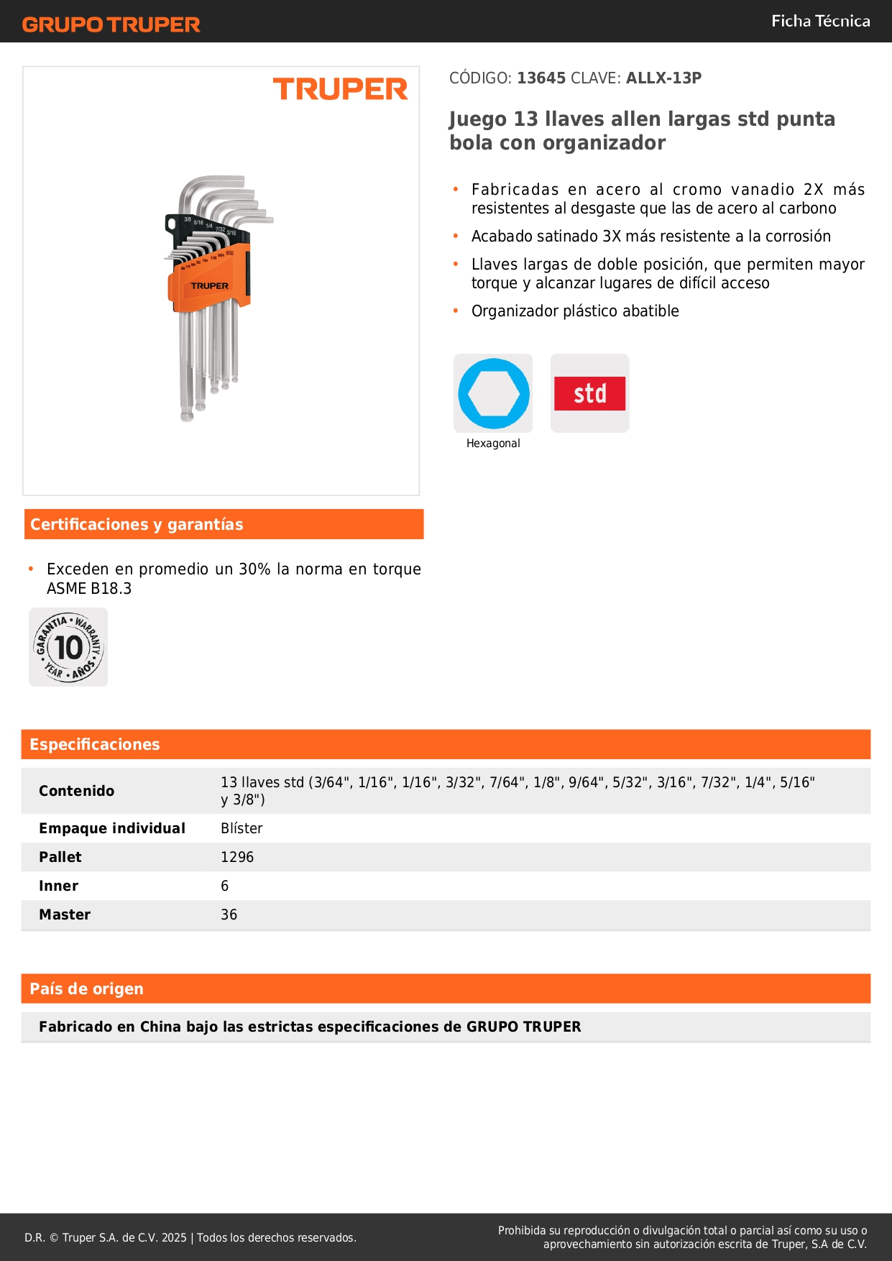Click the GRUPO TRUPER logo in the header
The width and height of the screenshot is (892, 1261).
tap(111, 24)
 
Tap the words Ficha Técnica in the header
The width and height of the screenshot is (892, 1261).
tap(820, 21)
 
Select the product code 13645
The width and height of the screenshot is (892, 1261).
tap(541, 78)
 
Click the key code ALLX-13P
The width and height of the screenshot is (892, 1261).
tap(663, 78)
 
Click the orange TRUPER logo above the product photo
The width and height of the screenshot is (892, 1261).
tap(340, 89)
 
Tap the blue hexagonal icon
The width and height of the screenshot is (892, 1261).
tap(493, 393)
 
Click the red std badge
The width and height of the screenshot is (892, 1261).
tap(589, 393)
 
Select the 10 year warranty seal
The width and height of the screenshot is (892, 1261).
tap(68, 647)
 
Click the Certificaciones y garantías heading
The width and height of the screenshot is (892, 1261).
tap(137, 524)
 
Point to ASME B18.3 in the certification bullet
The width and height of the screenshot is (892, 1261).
tap(89, 588)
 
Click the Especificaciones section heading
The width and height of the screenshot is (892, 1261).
tap(95, 744)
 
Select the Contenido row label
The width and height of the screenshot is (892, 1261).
tap(76, 791)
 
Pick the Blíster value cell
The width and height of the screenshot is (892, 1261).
tap(242, 828)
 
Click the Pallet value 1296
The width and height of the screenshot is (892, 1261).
tap(237, 857)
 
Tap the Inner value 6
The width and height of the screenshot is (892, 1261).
tap(225, 886)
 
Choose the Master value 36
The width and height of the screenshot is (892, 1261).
tap(229, 914)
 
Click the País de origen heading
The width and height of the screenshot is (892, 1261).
tap(86, 989)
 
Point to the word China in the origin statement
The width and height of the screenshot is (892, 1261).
tap(160, 1027)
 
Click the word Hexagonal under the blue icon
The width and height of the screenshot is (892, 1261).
tap(493, 444)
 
